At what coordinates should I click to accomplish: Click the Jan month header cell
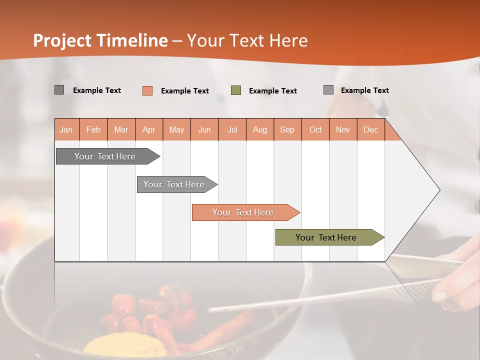(x=66, y=129)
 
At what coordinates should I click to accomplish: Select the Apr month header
(x=149, y=129)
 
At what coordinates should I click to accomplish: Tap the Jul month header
(x=232, y=129)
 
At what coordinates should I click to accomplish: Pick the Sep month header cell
(x=287, y=129)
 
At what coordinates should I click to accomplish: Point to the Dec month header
(x=370, y=129)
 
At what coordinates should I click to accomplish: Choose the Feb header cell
(x=93, y=129)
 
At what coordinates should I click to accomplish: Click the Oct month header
(x=315, y=129)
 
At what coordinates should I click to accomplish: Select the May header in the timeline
(x=176, y=129)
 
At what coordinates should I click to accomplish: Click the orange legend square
(x=147, y=90)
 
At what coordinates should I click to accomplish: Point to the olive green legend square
(x=236, y=90)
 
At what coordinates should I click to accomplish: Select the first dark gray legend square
(x=59, y=90)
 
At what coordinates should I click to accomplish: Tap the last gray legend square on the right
(x=328, y=90)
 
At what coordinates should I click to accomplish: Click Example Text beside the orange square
(x=184, y=91)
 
